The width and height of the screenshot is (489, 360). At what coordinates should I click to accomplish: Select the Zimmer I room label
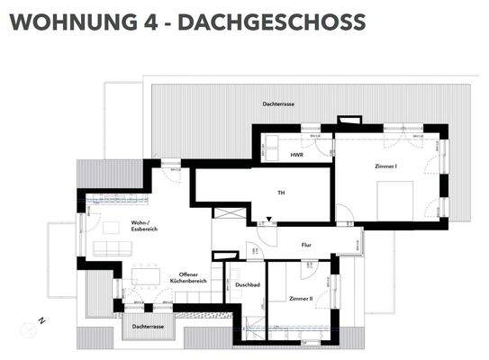[387, 166]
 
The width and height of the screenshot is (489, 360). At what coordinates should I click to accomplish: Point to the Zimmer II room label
[301, 297]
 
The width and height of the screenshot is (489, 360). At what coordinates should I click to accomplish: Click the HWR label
[296, 156]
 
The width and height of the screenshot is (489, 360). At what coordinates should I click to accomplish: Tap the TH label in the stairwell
[281, 193]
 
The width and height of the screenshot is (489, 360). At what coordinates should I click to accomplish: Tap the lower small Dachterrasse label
[147, 326]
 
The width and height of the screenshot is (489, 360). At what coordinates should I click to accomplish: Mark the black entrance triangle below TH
[267, 220]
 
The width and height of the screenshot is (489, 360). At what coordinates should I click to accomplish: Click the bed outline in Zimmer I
[394, 200]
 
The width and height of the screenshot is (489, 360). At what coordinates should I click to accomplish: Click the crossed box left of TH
[226, 212]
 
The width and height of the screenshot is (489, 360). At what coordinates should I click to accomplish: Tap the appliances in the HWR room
[297, 137]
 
